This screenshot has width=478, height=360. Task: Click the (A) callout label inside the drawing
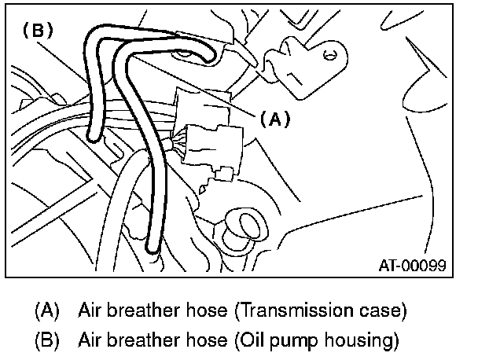coord(274,119)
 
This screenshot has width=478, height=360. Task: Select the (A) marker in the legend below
coord(47,310)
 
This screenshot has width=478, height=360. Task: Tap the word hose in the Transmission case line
coord(207,310)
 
